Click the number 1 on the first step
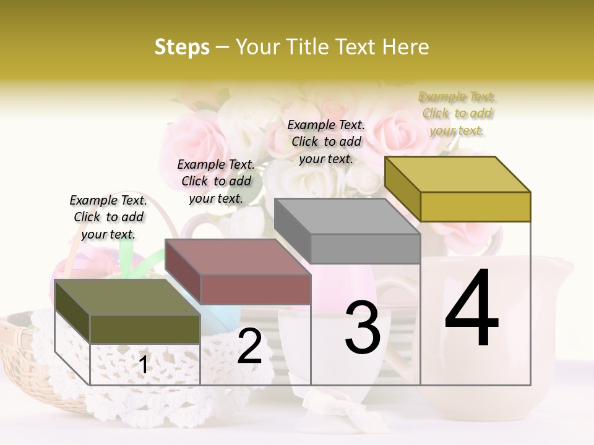(x=144, y=365)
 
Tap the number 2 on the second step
(x=249, y=346)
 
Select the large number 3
(x=363, y=327)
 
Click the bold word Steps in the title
(x=182, y=47)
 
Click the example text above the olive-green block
(x=108, y=217)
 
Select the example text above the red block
(x=216, y=181)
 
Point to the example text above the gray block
(x=326, y=142)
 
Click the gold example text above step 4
(x=457, y=113)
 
